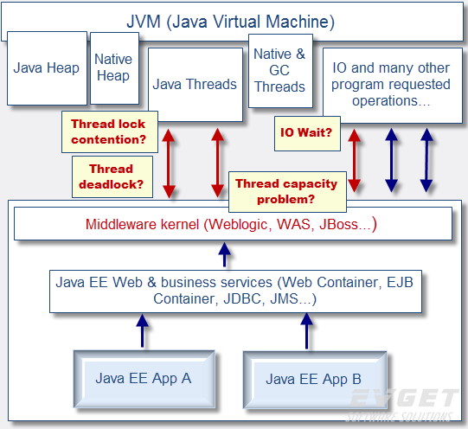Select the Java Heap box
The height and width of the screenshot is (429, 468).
47,68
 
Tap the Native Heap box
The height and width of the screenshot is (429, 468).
113,67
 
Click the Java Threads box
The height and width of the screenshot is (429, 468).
195,84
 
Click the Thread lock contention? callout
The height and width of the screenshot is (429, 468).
108,131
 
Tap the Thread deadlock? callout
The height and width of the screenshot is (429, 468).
108,176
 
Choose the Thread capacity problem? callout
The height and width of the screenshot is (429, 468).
286,191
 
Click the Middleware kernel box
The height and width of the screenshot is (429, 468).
232,224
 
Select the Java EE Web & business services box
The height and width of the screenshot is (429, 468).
234,291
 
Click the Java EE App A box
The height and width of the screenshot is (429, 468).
143,378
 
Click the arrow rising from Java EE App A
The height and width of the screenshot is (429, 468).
142,330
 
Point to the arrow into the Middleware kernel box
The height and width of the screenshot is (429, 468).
225,253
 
